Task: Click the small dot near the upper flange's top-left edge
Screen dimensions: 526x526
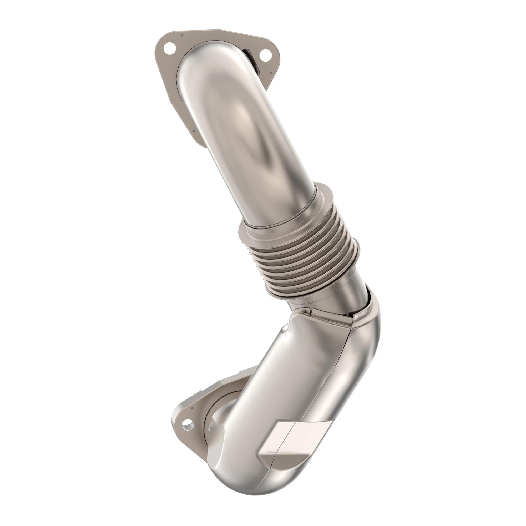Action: (183, 35)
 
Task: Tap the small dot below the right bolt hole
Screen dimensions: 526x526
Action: (270, 73)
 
